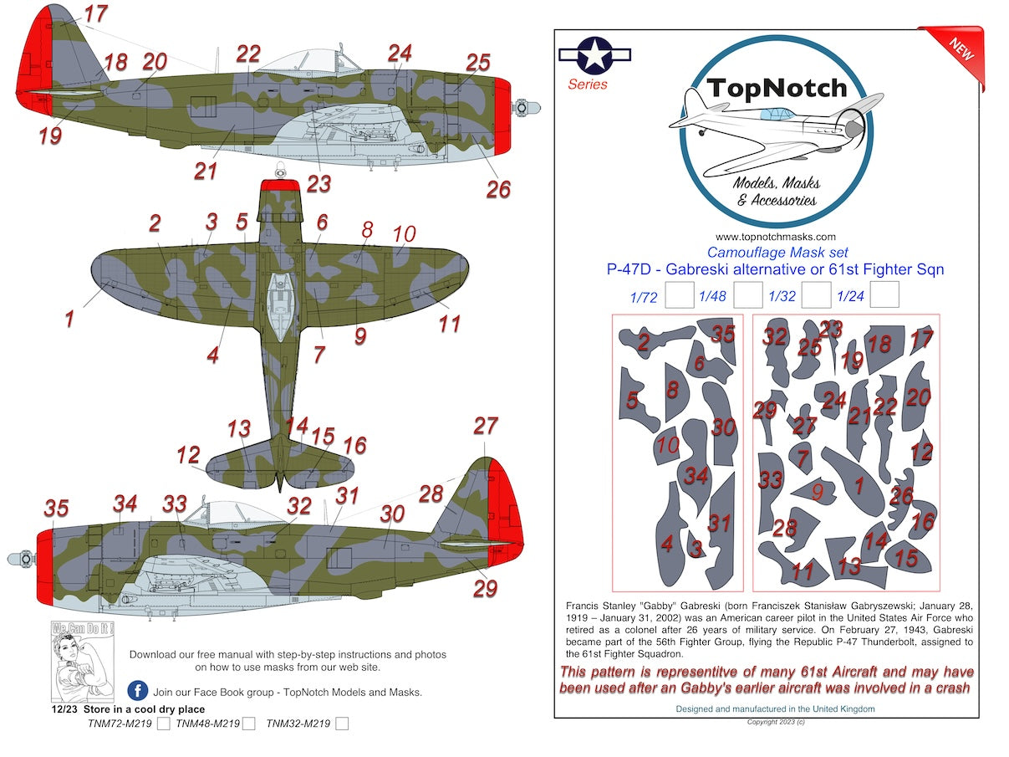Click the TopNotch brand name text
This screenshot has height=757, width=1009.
(x=777, y=88)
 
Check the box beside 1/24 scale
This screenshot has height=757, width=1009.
(x=884, y=295)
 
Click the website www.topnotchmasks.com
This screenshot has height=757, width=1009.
(x=776, y=237)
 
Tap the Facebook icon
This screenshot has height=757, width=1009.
(x=138, y=691)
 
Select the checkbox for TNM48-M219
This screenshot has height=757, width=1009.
(x=248, y=724)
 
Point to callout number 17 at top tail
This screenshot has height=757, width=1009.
(x=96, y=14)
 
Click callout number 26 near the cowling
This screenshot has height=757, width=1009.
(x=497, y=189)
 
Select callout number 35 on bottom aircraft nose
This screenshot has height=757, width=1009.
(x=56, y=509)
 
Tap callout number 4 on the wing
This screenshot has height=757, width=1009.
(x=213, y=355)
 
